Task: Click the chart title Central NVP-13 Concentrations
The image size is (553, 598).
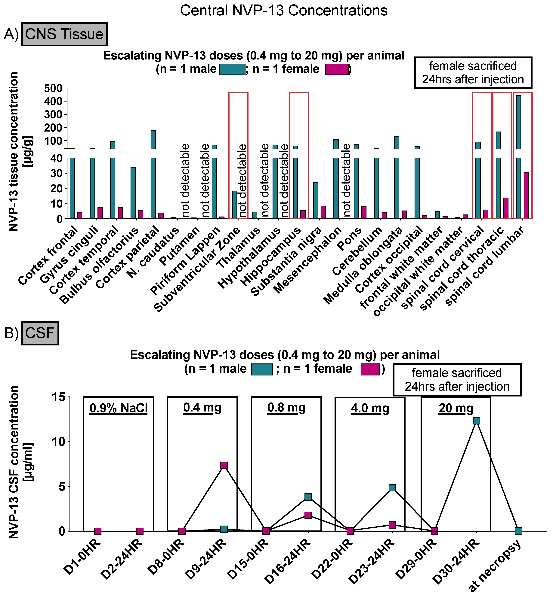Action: [x=283, y=11]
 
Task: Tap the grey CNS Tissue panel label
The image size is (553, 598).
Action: [x=64, y=34]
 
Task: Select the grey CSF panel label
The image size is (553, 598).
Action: [x=40, y=333]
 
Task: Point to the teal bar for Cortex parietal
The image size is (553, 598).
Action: [x=153, y=175]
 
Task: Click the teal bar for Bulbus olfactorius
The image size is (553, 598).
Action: [x=133, y=193]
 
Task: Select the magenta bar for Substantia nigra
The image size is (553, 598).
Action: [x=323, y=212]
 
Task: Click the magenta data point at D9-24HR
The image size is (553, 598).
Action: [x=224, y=465]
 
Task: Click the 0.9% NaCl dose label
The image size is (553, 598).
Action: [x=119, y=408]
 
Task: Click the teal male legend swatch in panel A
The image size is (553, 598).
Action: [x=232, y=69]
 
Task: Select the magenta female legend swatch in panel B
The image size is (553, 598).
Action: [x=370, y=369]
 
